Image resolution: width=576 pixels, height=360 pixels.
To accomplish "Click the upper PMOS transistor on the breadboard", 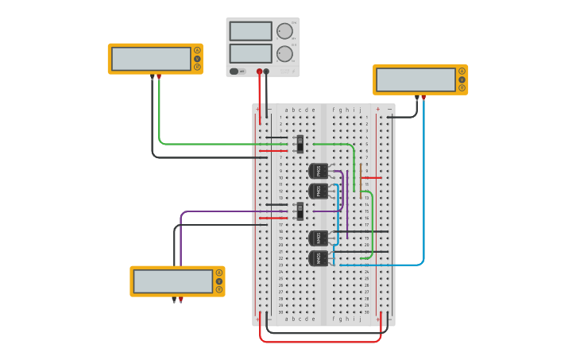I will point(318,171).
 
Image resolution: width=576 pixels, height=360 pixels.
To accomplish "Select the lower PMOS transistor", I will point(318,191).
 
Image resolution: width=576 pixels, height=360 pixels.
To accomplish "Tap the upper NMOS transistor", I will point(318,238).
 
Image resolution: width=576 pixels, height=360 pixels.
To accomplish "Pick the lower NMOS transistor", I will point(318,257).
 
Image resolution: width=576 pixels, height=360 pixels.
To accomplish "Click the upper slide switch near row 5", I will point(300,144).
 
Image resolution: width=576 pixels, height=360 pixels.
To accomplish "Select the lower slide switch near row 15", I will point(300,211).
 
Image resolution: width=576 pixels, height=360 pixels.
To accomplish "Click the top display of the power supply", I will point(250,31).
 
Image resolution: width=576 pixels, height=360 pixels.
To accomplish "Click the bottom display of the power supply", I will point(250,53).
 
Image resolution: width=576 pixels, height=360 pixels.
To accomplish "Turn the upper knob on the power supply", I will point(284,31).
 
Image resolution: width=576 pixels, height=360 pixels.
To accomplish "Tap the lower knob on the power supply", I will point(284,54).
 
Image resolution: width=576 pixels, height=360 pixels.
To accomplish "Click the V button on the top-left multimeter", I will point(197,59).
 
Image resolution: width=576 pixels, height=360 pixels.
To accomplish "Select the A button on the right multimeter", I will point(462,72).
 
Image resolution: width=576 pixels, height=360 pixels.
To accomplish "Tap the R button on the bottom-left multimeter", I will point(219,289).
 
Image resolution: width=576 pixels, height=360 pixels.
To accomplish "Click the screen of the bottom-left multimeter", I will point(173,281).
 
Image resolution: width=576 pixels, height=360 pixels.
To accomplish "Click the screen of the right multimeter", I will point(416,79).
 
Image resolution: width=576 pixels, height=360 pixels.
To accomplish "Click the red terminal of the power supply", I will point(259,72).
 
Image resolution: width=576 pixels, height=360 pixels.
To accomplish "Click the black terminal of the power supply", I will point(266,72).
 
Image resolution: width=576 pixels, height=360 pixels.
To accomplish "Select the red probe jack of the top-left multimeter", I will point(159,76).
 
